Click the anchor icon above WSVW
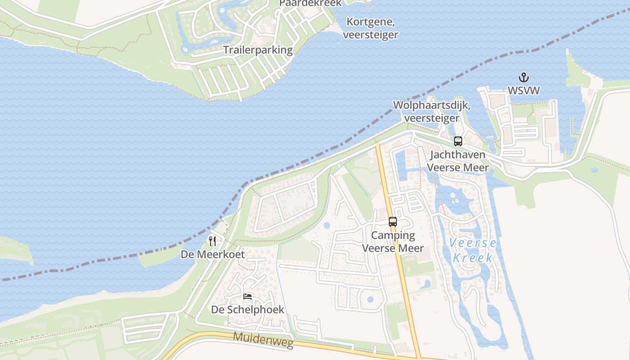coord(523,77)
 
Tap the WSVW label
coord(523,90)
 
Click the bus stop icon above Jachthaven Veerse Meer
coord(458,141)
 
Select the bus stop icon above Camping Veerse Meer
coord(393,221)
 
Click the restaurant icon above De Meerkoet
coord(212,241)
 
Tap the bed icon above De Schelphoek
coord(247,297)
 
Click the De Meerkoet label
coord(213,254)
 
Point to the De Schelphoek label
coord(247,310)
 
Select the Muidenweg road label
coord(263,341)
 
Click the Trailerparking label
coord(258,50)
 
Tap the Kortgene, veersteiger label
coord(370,28)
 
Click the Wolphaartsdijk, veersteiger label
coord(432,111)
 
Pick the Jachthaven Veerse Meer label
coord(457,161)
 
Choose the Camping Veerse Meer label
coord(393,242)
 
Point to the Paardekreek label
coord(310,3)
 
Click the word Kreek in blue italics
coord(472,258)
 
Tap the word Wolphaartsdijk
coord(432,105)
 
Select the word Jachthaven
coord(458,155)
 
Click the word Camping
coord(393,235)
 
